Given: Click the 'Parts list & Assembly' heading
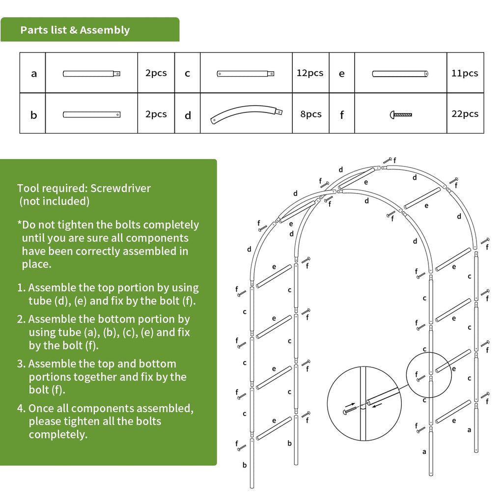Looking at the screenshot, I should (75, 30).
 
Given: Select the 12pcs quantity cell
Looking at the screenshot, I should (310, 73).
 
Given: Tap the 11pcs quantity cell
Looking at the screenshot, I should (465, 73).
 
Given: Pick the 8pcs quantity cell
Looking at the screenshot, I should (310, 114).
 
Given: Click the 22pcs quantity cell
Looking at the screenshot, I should (465, 113).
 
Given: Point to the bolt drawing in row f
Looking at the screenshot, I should (400, 115).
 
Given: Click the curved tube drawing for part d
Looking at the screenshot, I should (247, 114).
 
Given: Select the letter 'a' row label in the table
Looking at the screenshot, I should (33, 74).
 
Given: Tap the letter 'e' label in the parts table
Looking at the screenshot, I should (341, 74).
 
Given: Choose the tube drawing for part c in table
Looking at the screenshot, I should (246, 74).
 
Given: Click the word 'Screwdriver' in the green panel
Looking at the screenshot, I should (120, 188).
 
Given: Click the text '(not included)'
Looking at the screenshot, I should (54, 201).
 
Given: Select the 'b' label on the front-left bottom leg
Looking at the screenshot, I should (244, 465).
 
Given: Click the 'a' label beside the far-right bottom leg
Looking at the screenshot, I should (469, 430).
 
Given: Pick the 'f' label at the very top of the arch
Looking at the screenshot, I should (394, 160).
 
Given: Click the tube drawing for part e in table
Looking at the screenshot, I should (400, 74).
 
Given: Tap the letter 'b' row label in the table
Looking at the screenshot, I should (33, 115).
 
